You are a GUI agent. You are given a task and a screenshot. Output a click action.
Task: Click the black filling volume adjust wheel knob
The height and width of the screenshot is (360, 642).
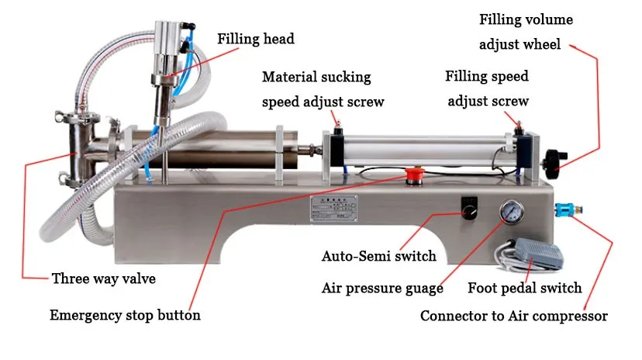pyautogui.click(x=552, y=156)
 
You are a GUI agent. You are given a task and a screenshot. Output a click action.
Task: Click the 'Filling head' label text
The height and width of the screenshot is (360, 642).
pyautogui.click(x=255, y=38)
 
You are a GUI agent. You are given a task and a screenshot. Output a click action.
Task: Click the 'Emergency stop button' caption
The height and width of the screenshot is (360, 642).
pyautogui.click(x=125, y=315)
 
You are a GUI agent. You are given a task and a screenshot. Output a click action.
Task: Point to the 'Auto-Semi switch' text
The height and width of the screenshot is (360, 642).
pyautogui.click(x=379, y=256)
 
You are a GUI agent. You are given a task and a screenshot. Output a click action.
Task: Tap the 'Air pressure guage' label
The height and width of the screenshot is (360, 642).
pyautogui.click(x=382, y=289)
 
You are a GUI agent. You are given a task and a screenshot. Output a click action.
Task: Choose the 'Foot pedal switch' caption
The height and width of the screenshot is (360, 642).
pyautogui.click(x=524, y=289)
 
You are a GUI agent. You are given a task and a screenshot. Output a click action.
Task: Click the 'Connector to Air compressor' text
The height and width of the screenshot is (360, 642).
pyautogui.click(x=513, y=316)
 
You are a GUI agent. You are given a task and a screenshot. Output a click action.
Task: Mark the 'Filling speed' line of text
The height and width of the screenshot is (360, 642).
pyautogui.click(x=487, y=77)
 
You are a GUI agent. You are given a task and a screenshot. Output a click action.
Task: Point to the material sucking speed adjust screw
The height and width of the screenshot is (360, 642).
pyautogui.click(x=337, y=125)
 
